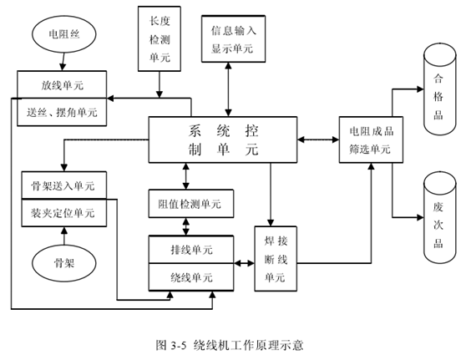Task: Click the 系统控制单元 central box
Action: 224,139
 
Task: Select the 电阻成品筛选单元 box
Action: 370,139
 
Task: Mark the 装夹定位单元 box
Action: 63,213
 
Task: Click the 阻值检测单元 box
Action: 190,203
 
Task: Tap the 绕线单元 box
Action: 190,276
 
